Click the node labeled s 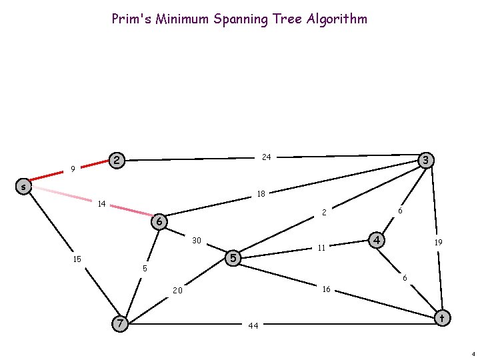23,187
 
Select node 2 117,160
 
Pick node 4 377,239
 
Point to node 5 233,257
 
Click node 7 119,323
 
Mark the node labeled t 441,318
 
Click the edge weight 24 266,157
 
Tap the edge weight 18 261,194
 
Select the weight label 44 253,326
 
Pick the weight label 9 72,169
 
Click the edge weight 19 438,243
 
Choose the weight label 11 321,248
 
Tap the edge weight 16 326,289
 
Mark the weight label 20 177,291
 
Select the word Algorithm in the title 337,19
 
